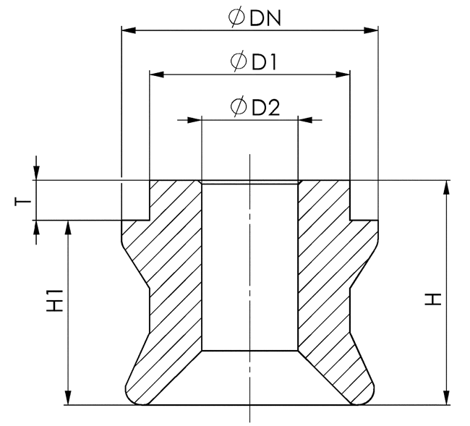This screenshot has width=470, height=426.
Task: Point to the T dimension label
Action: click(24, 200)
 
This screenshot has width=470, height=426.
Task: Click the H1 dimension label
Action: click(54, 301)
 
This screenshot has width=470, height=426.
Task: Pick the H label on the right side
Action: click(432, 298)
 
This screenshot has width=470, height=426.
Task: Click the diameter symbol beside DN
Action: click(236, 17)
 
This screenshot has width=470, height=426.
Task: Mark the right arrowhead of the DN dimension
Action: click(371, 30)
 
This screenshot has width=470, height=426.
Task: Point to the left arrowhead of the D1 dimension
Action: click(156, 74)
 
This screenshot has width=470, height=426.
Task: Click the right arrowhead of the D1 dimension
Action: click(343, 74)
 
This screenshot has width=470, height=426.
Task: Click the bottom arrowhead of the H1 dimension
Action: click(69, 397)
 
